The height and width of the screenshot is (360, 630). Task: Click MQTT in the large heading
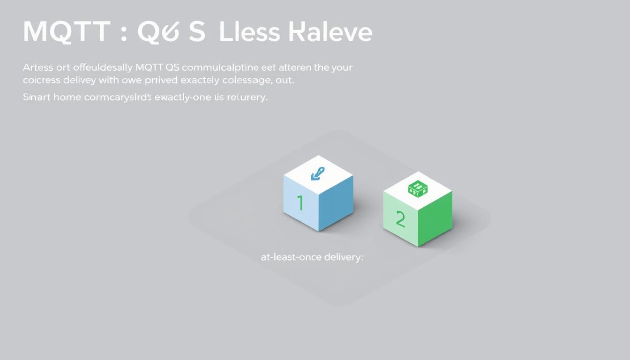66,32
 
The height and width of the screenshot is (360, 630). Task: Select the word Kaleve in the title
331,32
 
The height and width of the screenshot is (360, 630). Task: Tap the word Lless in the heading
249,32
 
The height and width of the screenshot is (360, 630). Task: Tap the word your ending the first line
342,67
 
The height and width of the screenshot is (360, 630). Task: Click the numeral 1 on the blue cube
300,203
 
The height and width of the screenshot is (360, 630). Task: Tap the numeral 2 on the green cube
400,219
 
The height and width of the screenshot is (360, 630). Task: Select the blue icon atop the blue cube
318,174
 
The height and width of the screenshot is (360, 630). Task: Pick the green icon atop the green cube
417,189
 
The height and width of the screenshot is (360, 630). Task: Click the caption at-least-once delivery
312,257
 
